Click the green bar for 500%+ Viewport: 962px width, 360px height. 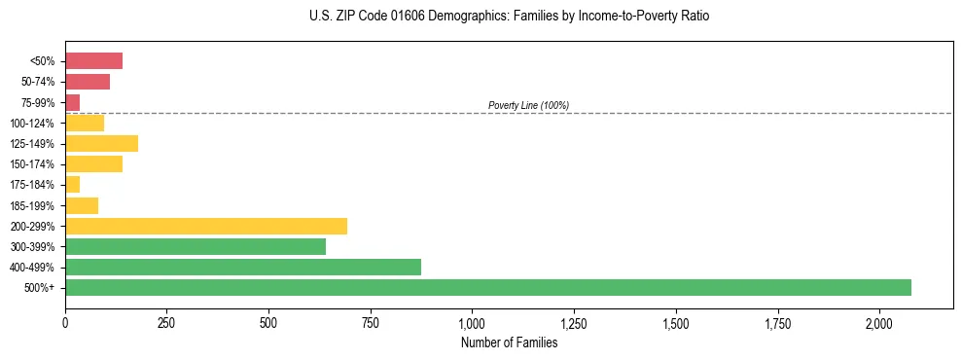[x=487, y=287]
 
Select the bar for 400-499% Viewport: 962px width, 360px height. [x=243, y=267]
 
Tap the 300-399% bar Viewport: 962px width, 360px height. [x=196, y=246]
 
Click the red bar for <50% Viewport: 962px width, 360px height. [x=93, y=61]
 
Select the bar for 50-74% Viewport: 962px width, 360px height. [x=88, y=82]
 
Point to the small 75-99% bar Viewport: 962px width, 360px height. [x=73, y=102]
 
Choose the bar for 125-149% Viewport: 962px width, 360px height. [x=101, y=143]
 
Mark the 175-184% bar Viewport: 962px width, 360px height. [x=73, y=184]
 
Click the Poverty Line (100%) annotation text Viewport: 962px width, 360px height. [x=528, y=105]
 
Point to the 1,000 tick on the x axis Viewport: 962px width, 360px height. [x=472, y=323]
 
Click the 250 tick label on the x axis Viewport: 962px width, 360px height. [x=166, y=323]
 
